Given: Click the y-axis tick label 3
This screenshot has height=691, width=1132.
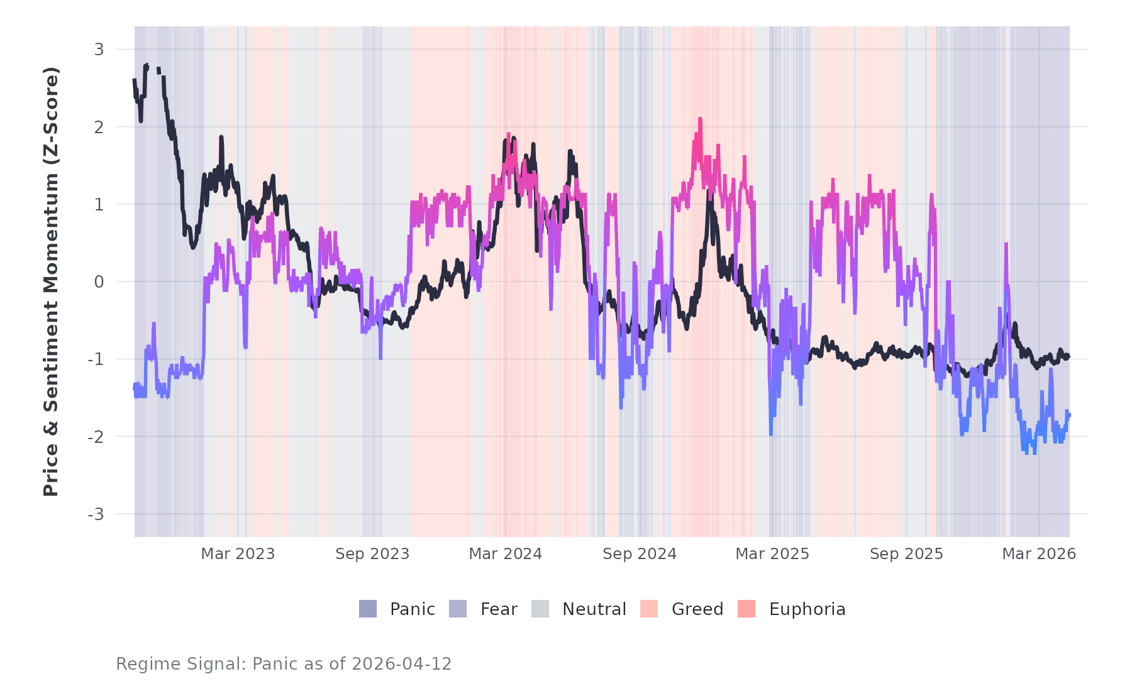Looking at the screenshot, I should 99,49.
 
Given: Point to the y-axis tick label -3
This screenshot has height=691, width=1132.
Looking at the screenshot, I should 96,514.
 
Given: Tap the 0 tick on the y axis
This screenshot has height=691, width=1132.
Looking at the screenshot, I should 99,282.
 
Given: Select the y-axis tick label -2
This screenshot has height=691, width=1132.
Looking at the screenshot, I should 96,437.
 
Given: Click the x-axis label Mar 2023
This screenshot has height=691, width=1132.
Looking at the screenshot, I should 238,554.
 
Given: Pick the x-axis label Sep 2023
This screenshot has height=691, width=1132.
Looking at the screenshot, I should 372,554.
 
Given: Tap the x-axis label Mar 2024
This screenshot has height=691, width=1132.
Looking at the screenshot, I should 506,554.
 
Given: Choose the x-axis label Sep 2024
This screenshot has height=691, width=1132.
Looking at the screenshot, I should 640,554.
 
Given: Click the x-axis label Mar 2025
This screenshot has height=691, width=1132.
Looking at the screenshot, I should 772,554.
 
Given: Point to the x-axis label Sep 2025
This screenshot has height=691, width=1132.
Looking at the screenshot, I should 906,554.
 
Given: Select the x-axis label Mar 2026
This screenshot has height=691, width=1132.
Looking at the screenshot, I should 1039,554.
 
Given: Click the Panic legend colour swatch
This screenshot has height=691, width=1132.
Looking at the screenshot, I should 368,609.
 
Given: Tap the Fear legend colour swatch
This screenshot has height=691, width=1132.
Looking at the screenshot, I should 458,609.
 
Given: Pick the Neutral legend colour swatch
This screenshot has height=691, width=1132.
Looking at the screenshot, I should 540,609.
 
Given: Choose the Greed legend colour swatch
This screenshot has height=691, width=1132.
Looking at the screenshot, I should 649,609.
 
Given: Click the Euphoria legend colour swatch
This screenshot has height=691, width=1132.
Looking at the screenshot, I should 746,609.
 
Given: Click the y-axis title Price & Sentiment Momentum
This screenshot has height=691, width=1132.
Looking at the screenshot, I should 51,281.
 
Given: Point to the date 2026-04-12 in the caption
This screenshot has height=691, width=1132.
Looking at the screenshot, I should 401,664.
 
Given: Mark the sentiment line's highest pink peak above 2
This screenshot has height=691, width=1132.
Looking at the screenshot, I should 699,119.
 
